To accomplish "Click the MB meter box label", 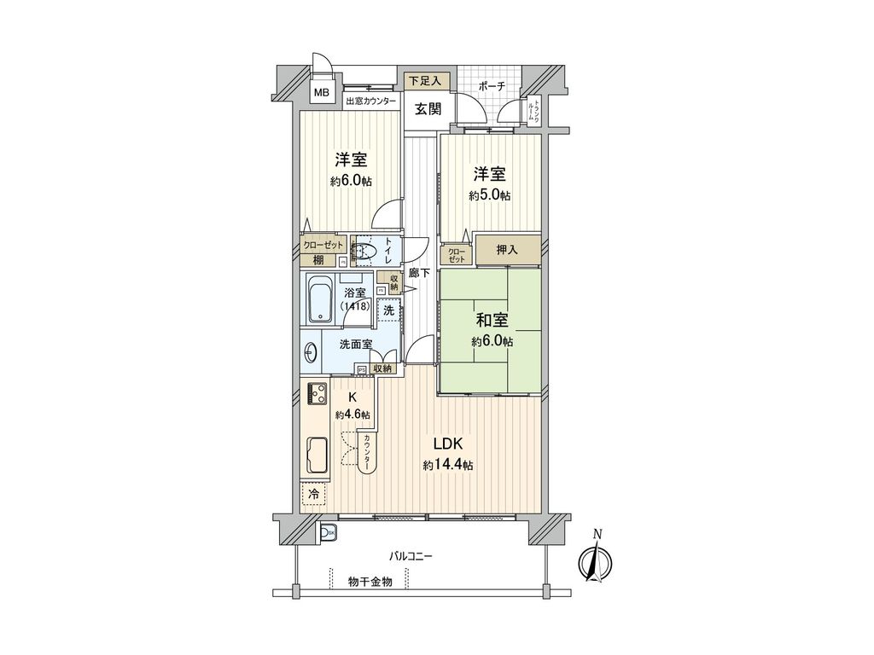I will click(x=322, y=93).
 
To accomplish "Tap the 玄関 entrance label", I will click(x=428, y=109).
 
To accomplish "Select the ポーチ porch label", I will click(x=492, y=86).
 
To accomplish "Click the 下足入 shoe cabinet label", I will click(x=424, y=81).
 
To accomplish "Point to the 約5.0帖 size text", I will click(x=490, y=195).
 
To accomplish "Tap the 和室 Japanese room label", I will click(x=492, y=320).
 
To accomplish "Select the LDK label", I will click(x=447, y=444).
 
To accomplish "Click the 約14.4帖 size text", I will click(x=447, y=465).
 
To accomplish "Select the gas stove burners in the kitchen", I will click(x=318, y=393).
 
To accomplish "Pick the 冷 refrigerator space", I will click(x=314, y=493).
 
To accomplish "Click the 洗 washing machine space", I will click(x=389, y=310).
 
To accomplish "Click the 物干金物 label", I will click(x=370, y=582).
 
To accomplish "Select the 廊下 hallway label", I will click(x=419, y=273).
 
